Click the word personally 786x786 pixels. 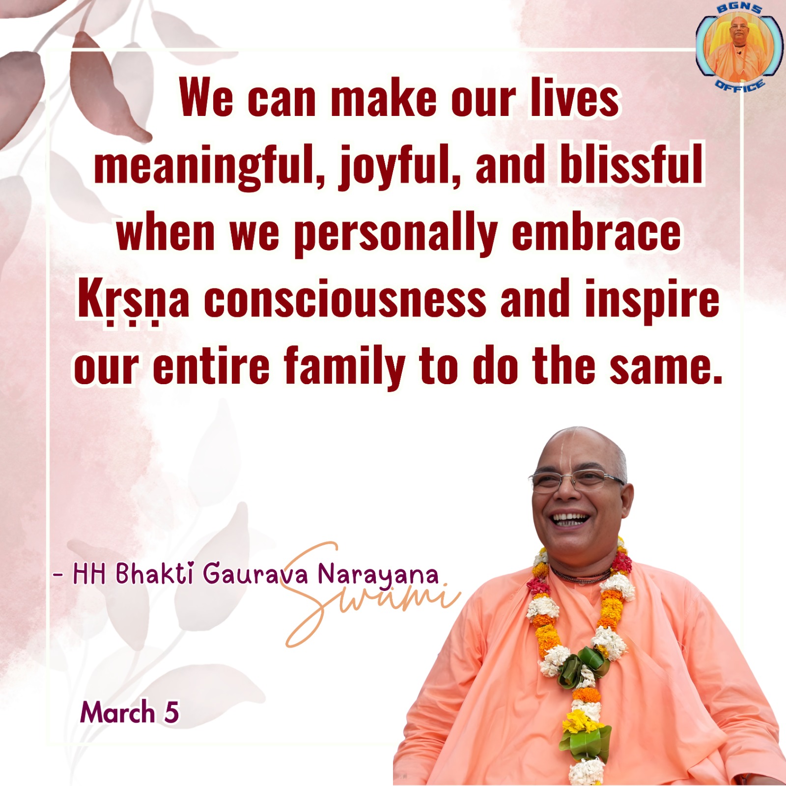click(396, 233)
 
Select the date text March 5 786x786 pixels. click(130, 712)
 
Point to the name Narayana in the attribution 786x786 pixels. click(378, 575)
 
